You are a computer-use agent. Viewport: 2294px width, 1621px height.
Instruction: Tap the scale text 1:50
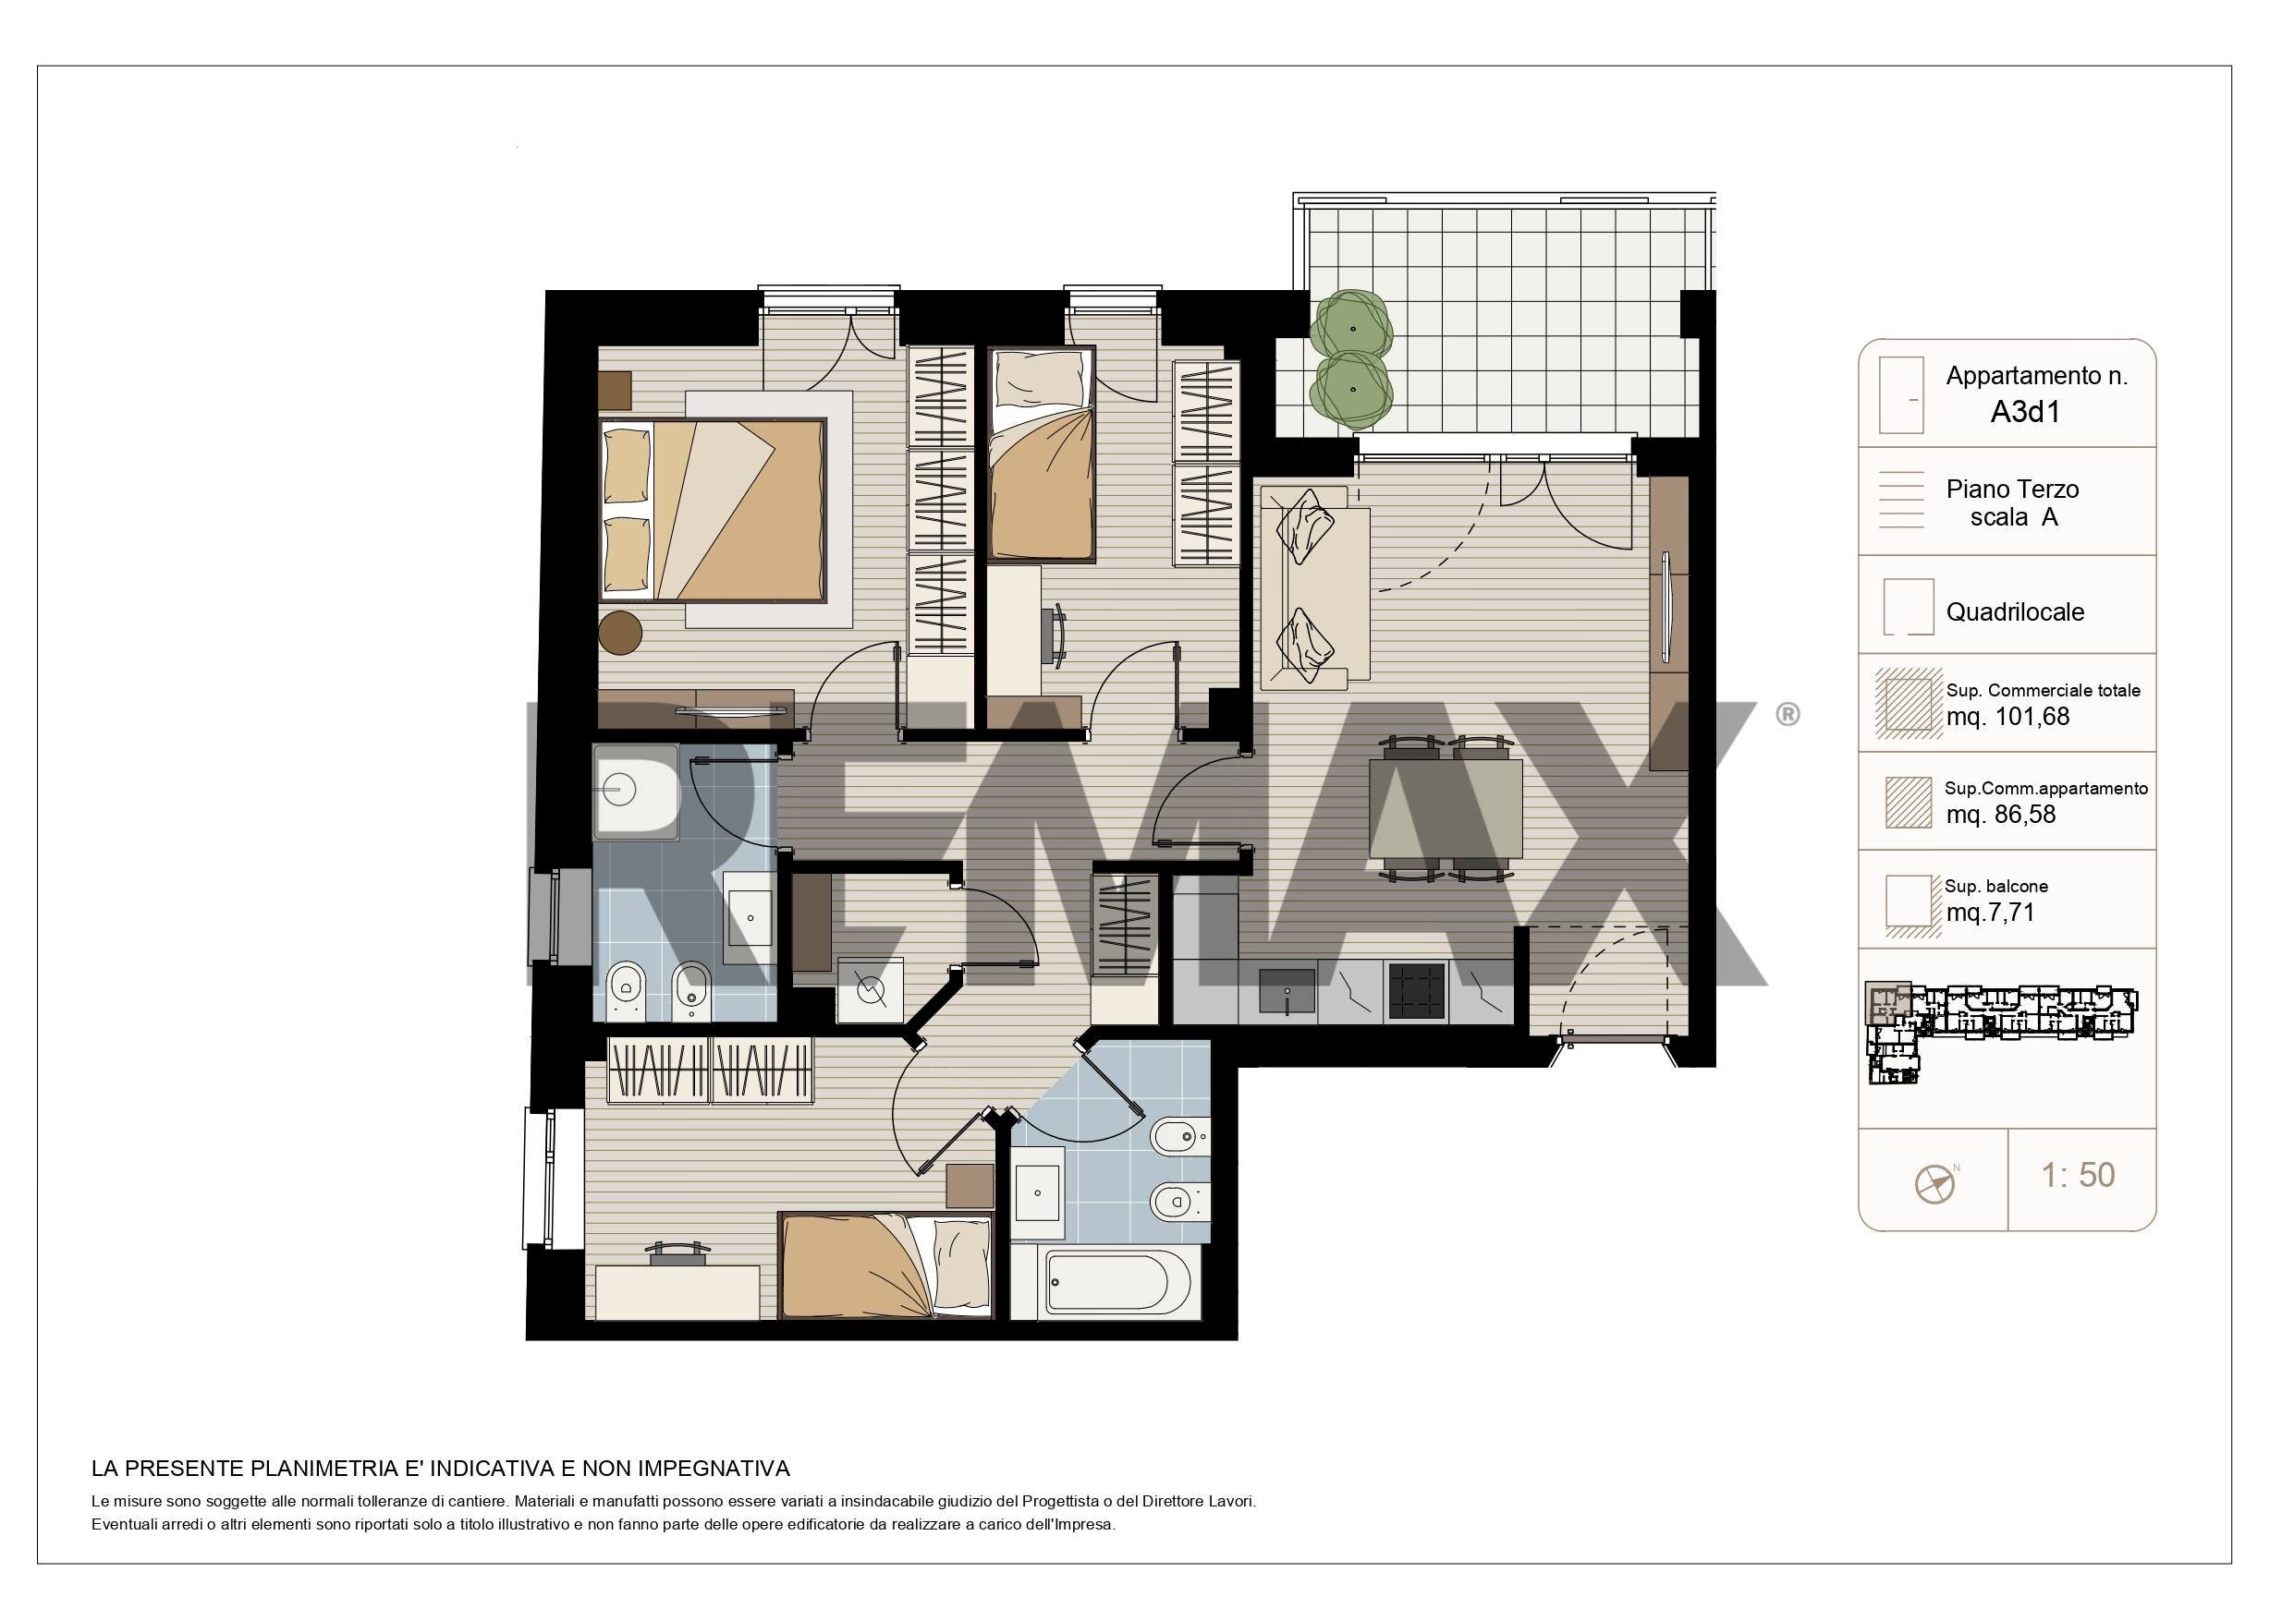click(x=2079, y=1175)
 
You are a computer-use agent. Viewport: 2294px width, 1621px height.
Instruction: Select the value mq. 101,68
click(x=2007, y=716)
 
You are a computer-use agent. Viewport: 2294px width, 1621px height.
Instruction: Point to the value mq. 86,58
click(x=2000, y=814)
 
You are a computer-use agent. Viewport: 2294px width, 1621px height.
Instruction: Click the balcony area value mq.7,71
click(x=1990, y=912)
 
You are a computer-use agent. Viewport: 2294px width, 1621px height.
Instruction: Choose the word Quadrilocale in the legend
click(x=2014, y=612)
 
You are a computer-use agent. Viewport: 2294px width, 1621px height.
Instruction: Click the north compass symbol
click(x=1935, y=1183)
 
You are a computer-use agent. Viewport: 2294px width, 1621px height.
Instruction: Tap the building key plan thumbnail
click(x=2001, y=1032)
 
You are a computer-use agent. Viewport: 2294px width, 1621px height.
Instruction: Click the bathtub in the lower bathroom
click(x=1118, y=1284)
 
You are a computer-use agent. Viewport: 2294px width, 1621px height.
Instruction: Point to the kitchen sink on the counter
click(x=1287, y=991)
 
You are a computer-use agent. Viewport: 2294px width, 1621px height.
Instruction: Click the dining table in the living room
click(x=1446, y=809)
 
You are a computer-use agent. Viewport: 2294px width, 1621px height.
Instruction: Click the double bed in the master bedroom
click(x=713, y=509)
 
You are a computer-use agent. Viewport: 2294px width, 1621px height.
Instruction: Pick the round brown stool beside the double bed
click(x=621, y=631)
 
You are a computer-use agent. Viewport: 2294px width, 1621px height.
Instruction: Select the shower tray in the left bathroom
click(x=636, y=791)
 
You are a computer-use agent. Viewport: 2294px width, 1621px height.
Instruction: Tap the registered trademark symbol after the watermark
click(x=1788, y=714)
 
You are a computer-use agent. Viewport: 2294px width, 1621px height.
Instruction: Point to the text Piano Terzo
click(x=2012, y=490)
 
